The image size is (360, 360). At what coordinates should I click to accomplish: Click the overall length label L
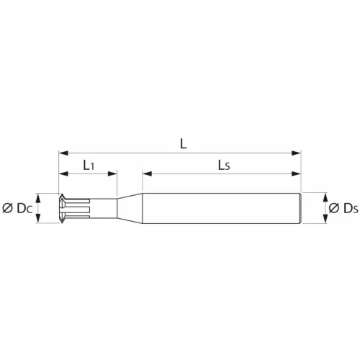184,143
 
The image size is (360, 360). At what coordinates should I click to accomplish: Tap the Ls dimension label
223,165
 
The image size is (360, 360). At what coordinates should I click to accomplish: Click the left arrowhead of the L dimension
62,153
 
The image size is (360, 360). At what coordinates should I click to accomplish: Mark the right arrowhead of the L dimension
296,153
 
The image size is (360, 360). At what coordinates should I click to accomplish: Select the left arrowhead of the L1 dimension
62,174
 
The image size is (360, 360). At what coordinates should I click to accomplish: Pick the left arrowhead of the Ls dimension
146,174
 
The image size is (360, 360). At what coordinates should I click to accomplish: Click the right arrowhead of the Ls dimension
296,174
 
